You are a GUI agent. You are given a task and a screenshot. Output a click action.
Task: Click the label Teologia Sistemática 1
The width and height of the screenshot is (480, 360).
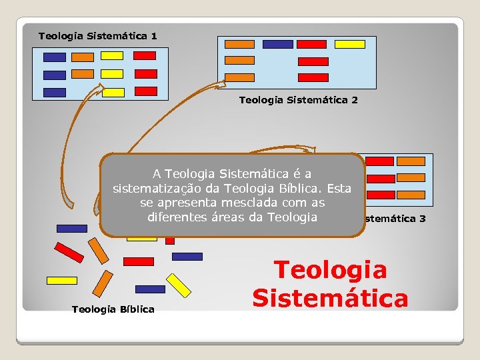[97, 35]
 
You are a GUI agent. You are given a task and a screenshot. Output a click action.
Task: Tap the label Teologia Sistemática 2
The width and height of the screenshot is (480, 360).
[298, 100]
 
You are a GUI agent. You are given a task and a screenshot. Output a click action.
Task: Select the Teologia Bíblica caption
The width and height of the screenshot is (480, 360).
[113, 309]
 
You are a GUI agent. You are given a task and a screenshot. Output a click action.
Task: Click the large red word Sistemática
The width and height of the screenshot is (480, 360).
[330, 297]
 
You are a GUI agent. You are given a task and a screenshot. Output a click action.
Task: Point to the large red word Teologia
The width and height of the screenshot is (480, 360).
[330, 270]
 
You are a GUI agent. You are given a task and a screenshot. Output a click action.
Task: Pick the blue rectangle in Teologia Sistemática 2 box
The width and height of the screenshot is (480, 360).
[277, 45]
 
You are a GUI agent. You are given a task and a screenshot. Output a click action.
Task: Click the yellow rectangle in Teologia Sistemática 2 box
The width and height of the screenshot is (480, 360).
[349, 45]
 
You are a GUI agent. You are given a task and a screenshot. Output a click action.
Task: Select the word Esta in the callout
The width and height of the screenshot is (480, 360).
[338, 188]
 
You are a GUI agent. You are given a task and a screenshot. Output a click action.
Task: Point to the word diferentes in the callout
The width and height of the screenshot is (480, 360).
[176, 217]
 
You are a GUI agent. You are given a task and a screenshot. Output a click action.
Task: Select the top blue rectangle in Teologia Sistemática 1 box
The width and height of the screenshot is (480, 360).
[55, 57]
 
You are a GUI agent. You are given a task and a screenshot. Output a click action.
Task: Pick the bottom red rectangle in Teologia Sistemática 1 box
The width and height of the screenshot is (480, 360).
[146, 91]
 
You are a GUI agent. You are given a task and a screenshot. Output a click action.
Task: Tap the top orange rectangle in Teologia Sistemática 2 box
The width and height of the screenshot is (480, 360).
[239, 45]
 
